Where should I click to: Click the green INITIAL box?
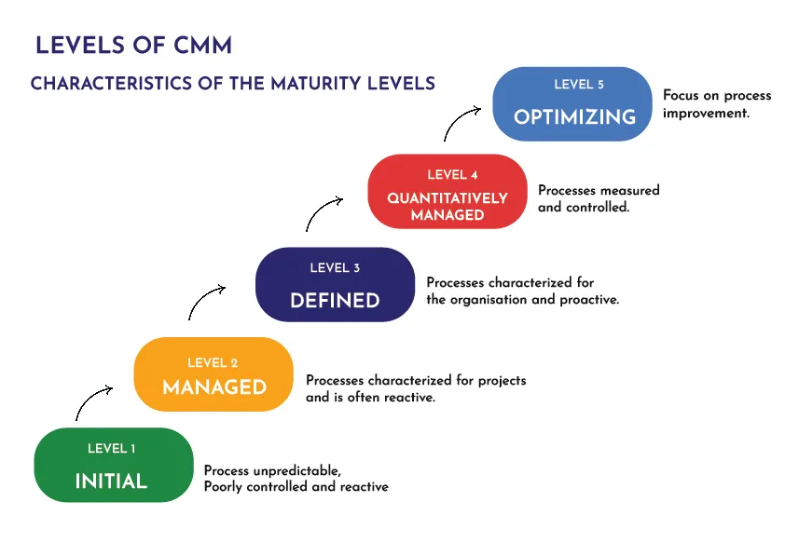(x=113, y=465)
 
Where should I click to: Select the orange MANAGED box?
(x=213, y=374)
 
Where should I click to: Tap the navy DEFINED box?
(x=335, y=285)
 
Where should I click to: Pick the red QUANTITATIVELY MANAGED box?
(x=448, y=191)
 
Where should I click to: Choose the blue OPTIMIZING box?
(x=573, y=103)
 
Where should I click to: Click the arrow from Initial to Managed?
(x=93, y=401)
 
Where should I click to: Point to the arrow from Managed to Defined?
(x=206, y=302)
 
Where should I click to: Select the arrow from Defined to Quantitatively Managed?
(x=324, y=212)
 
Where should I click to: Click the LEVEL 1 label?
(x=112, y=449)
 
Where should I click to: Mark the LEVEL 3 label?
(x=335, y=268)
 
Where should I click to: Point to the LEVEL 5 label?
(x=579, y=85)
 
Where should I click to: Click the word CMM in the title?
(x=201, y=45)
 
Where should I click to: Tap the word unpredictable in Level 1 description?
(x=297, y=471)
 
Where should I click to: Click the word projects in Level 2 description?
(x=501, y=380)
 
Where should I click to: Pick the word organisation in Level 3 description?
(x=503, y=300)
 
